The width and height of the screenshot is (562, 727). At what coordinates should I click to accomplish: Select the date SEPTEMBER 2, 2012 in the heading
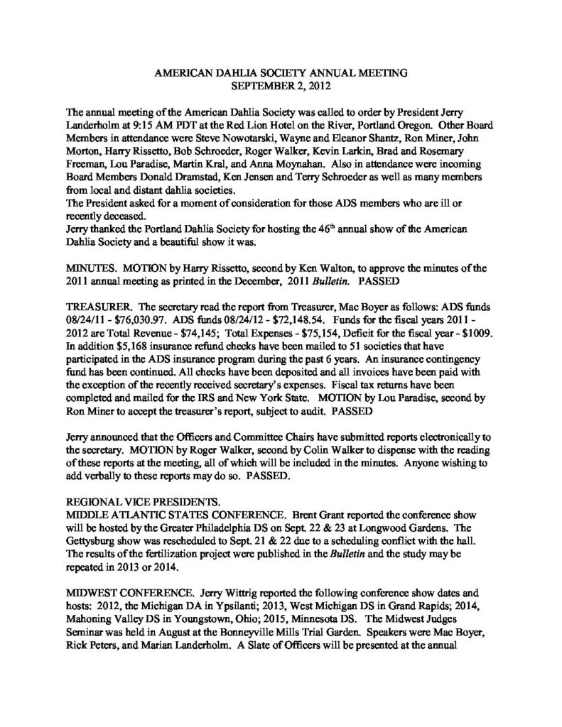281,85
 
